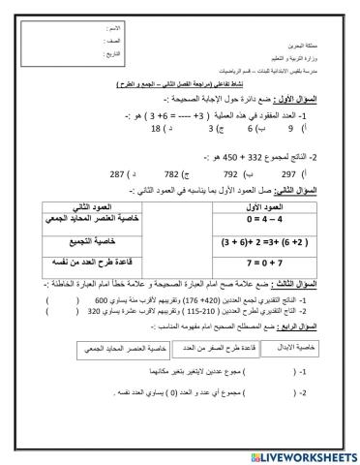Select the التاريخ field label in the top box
coord(116,55)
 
